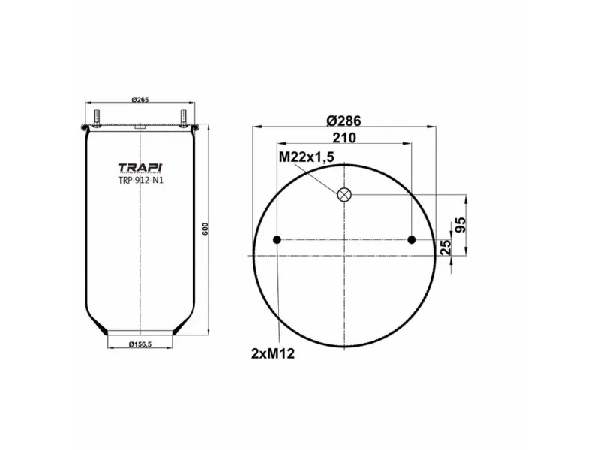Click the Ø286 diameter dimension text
[x=345, y=120]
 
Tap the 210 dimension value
[x=344, y=137]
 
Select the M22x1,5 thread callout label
[x=305, y=157]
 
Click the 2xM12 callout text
[x=272, y=352]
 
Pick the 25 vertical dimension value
[x=447, y=247]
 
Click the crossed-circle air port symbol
[x=345, y=195]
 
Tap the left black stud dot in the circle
[x=277, y=240]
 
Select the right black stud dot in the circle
[x=412, y=240]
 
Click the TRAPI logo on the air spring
[x=140, y=167]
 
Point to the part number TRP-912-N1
[x=140, y=180]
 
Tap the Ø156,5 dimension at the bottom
[x=141, y=343]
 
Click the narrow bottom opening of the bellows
[x=141, y=331]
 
